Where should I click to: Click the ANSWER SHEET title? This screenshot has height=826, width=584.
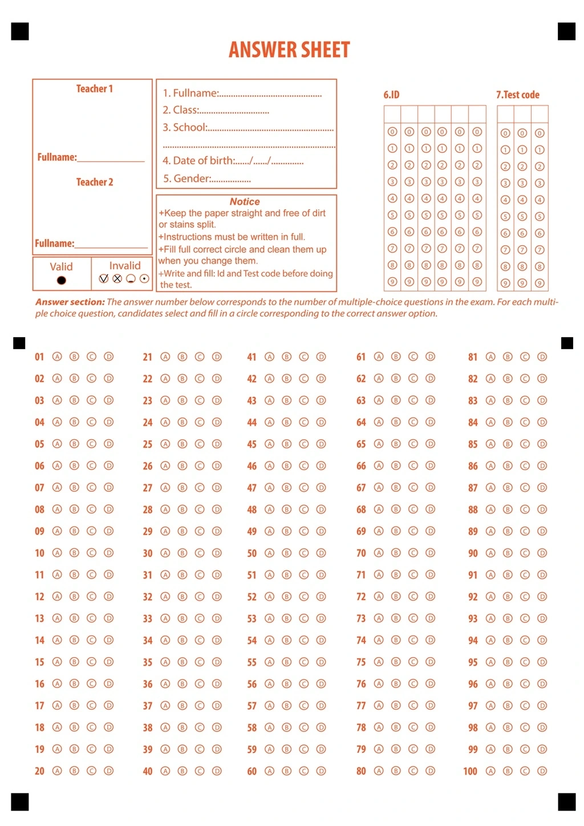coord(289,50)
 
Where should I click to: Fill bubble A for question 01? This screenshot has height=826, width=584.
coord(57,357)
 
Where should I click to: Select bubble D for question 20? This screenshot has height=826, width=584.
coord(109,771)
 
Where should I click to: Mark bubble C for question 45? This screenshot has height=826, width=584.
coord(304,444)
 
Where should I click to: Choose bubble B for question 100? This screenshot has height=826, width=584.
coord(508,771)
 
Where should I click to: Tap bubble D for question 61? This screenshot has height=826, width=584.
coord(431,357)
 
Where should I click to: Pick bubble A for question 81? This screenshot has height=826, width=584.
coord(490,357)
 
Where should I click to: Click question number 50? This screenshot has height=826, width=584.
coord(252,553)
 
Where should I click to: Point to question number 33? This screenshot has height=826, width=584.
coord(147,618)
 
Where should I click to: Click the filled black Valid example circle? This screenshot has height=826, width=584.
coord(62,280)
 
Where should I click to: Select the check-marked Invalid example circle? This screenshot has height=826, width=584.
coord(104,278)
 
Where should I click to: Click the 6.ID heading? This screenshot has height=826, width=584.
coord(391,95)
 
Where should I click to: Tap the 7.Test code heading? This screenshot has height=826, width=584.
coord(517,95)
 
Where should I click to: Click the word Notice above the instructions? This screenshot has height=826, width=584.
coord(245,202)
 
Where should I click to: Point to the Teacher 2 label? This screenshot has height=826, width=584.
coord(95,182)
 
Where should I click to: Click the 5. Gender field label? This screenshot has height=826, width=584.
coord(186,179)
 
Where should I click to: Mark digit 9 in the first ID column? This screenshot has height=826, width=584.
coord(392,282)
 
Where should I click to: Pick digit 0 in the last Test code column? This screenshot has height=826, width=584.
coord(540,133)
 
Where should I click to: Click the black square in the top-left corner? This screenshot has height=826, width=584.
coord(20,31)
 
